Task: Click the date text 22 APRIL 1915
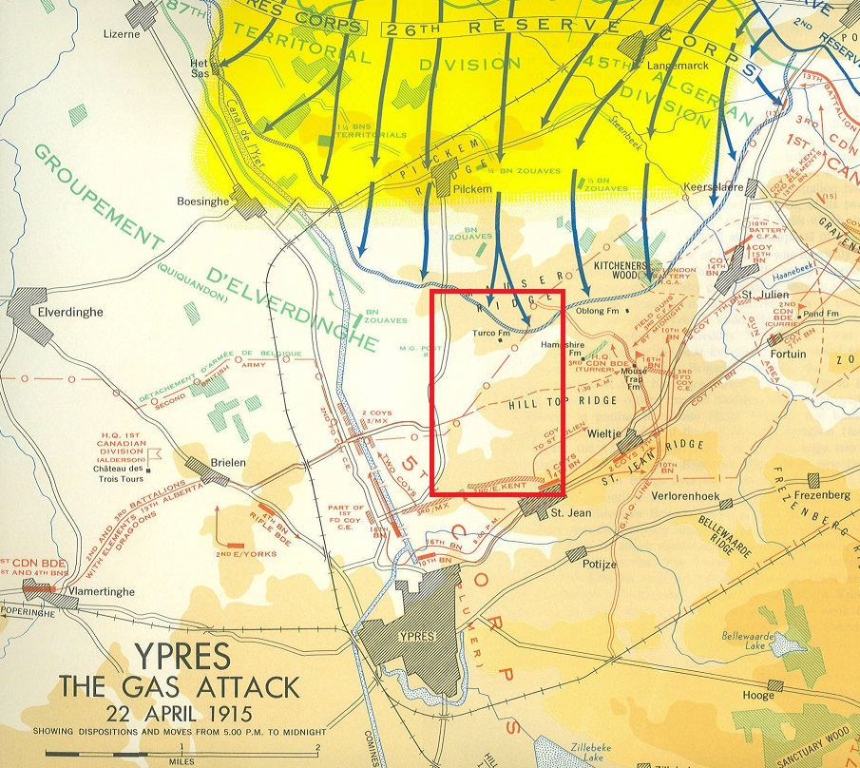180,712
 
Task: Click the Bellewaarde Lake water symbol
785,645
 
